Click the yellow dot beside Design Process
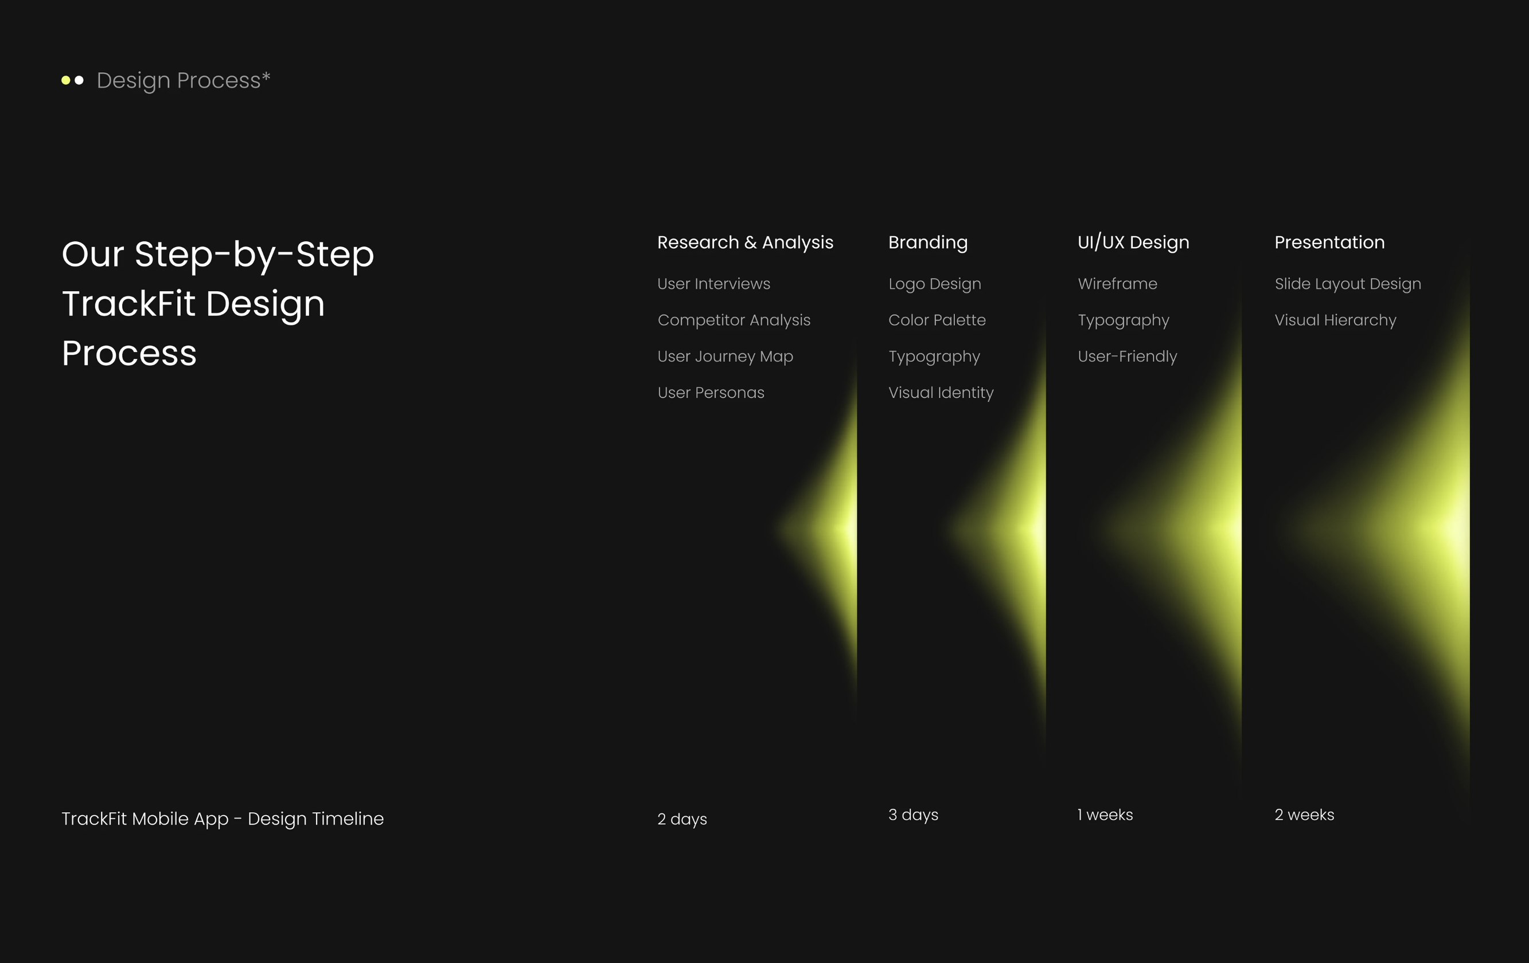pyautogui.click(x=65, y=80)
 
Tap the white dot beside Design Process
pyautogui.click(x=79, y=80)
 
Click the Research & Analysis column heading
pyautogui.click(x=745, y=242)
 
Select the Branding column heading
pyautogui.click(x=928, y=243)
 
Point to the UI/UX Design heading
pyautogui.click(x=1133, y=243)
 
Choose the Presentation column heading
pyautogui.click(x=1329, y=242)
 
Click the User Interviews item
pyautogui.click(x=713, y=284)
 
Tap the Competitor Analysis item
pyautogui.click(x=734, y=320)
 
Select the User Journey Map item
pyautogui.click(x=725, y=357)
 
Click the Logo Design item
pyautogui.click(x=935, y=284)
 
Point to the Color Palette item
pyautogui.click(x=937, y=320)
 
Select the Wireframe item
pyautogui.click(x=1118, y=284)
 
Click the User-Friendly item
pyautogui.click(x=1128, y=357)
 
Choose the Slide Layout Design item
pyautogui.click(x=1348, y=284)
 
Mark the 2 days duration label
pyautogui.click(x=682, y=820)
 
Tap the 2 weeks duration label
pyautogui.click(x=1304, y=815)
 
